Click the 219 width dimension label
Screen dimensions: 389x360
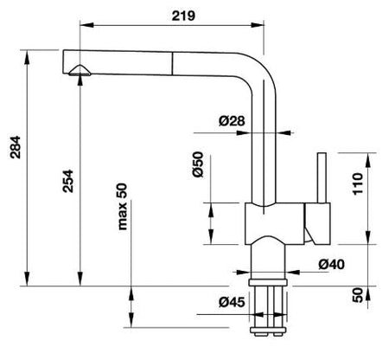(x=183, y=16)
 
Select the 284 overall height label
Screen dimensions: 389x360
(x=16, y=147)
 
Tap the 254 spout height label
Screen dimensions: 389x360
(x=68, y=181)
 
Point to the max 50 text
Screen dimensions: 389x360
(x=123, y=207)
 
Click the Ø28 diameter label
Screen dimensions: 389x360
(x=232, y=121)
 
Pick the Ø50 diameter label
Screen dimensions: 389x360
(x=198, y=164)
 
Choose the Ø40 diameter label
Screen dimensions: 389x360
(x=331, y=264)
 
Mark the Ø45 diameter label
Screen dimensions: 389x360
(x=232, y=302)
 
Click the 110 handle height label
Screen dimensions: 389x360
(x=357, y=183)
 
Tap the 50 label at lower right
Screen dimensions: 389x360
(x=358, y=294)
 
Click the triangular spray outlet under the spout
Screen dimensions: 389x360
(x=80, y=71)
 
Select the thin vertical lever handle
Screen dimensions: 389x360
(x=322, y=177)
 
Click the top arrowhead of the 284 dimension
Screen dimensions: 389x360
(x=27, y=57)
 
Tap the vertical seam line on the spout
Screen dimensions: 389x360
(x=173, y=64)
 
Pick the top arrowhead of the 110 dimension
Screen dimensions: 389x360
(x=368, y=159)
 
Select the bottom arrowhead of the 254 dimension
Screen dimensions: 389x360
(x=80, y=279)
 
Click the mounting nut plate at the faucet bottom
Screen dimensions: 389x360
(x=268, y=330)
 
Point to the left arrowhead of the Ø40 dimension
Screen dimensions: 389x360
(x=243, y=272)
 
